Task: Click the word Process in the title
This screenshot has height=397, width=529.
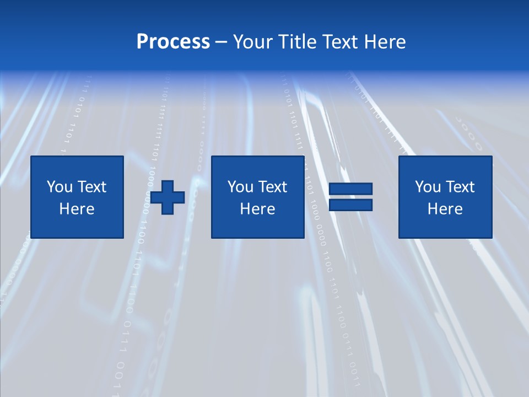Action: (x=173, y=42)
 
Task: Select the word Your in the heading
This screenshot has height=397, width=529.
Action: (x=255, y=42)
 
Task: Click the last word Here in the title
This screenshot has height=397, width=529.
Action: (x=385, y=42)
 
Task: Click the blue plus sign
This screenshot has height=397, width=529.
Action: (x=168, y=197)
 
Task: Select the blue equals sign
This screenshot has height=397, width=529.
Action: (x=350, y=197)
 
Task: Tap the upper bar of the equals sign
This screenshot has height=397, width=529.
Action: (x=350, y=189)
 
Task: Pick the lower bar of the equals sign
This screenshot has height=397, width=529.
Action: (x=350, y=205)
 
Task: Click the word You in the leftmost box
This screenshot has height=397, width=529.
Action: (x=59, y=187)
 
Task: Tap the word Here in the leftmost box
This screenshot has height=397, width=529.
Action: (x=77, y=209)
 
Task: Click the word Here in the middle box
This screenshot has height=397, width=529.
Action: (x=257, y=209)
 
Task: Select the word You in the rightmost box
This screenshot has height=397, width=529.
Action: (x=427, y=187)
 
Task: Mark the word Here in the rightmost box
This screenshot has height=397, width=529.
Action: (x=445, y=209)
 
